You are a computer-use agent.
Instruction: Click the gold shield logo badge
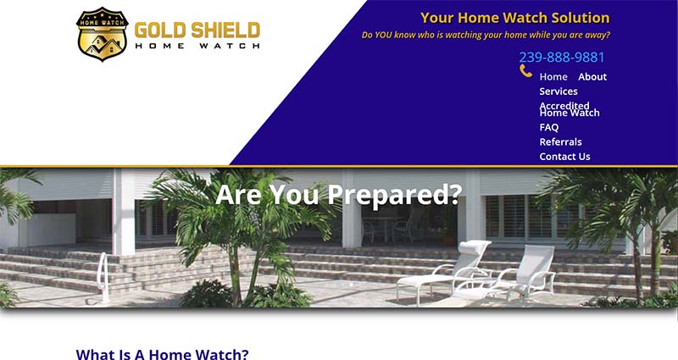point(102,34)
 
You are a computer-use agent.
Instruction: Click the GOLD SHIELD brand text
point(197,30)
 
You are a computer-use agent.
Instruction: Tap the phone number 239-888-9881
point(561,57)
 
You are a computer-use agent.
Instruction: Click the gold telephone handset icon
point(525,71)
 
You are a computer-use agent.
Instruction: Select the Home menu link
point(553,77)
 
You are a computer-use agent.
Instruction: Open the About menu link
point(592,77)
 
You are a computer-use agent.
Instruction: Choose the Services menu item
point(559,91)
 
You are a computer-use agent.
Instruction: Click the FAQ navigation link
point(548,128)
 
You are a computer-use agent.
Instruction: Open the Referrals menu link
point(560,142)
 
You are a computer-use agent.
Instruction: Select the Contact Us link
point(564,157)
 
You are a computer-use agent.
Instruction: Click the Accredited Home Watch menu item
point(570,109)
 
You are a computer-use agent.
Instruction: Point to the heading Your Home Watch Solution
point(515,18)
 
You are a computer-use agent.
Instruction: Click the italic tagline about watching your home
point(486,35)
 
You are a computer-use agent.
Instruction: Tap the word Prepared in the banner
point(394,195)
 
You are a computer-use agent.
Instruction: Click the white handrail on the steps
point(103,278)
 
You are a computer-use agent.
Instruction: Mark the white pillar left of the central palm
point(124,211)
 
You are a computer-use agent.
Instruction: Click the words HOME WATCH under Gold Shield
point(197,46)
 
